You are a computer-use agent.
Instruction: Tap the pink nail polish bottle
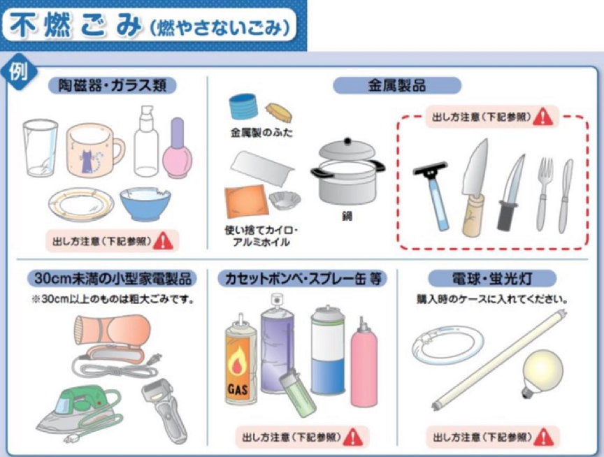click(x=177, y=150)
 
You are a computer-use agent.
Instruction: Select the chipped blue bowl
click(x=145, y=203)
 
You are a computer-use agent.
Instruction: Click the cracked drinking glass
click(x=41, y=148)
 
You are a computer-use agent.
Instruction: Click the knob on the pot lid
click(x=348, y=141)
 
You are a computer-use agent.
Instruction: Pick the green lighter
click(x=297, y=393)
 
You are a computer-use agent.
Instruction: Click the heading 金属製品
click(x=397, y=85)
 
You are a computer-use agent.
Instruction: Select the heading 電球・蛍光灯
click(x=492, y=279)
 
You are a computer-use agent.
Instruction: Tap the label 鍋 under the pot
click(x=347, y=216)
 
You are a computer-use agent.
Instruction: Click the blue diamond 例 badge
click(x=19, y=72)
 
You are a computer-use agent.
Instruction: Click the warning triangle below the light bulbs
click(x=544, y=437)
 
